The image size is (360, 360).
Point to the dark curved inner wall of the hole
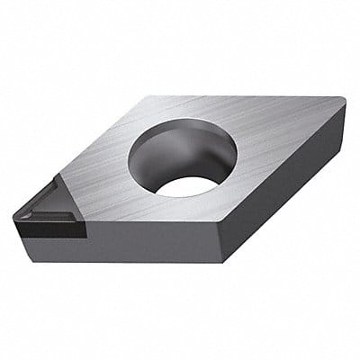153,157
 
